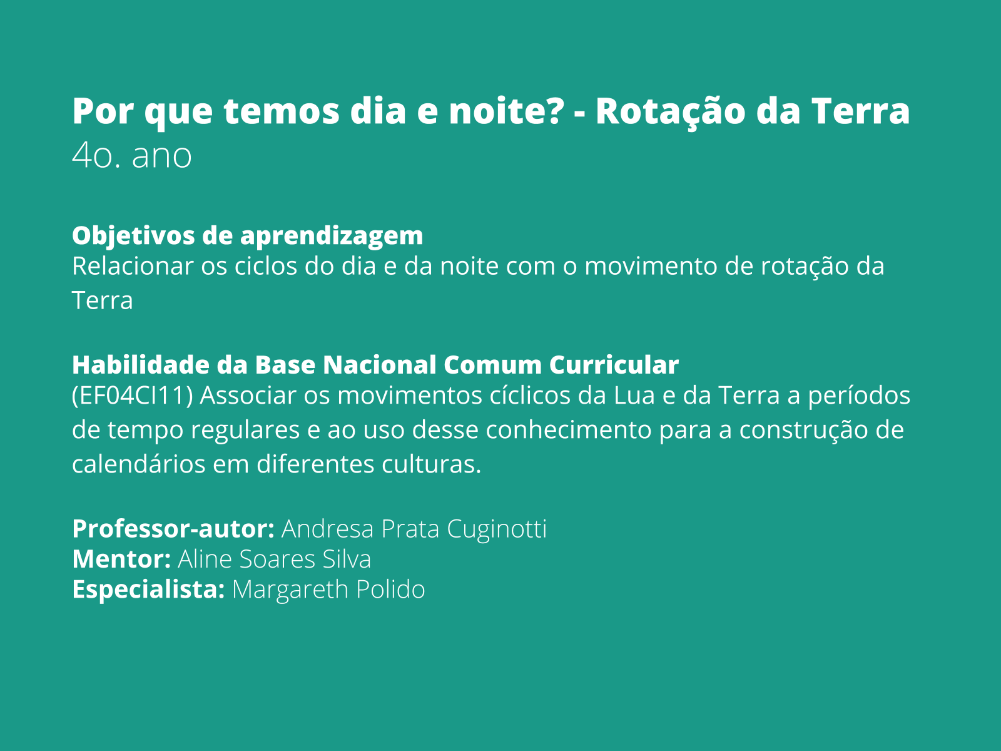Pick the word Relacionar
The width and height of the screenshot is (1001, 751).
click(132, 266)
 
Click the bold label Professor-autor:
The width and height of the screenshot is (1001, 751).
click(173, 529)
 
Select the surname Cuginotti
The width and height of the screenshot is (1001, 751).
click(497, 529)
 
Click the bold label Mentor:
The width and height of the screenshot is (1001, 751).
click(121, 559)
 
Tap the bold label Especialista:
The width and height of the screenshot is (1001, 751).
click(148, 590)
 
